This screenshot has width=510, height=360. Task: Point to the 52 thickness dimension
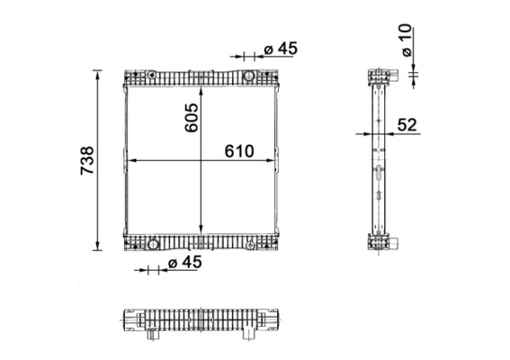click(406, 125)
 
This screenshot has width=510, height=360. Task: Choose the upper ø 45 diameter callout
click(280, 49)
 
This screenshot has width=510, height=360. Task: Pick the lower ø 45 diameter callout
click(184, 262)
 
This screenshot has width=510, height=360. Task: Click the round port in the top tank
click(249, 75)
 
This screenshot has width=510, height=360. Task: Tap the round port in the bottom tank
click(153, 243)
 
